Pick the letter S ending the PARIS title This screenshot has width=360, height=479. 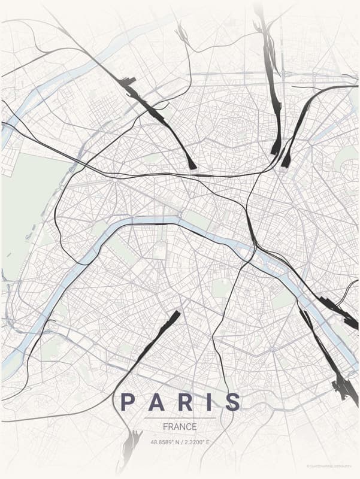point(232,402)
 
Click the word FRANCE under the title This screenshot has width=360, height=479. point(180,427)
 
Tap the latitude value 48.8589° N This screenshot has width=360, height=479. point(165,442)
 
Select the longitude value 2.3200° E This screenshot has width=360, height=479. point(196,442)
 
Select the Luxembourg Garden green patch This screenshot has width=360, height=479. point(221,288)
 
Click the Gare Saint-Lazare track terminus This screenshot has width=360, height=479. point(192,163)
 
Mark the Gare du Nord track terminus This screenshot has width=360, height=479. point(276,147)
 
